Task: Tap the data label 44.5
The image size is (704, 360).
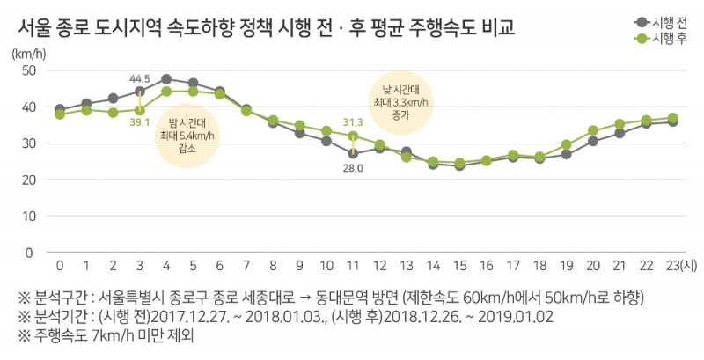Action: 139,79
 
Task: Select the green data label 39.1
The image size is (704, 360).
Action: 139,122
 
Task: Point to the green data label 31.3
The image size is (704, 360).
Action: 353,122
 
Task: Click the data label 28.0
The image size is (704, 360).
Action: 353,167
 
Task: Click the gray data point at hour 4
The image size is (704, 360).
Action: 166,79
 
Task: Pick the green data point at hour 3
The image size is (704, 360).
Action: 140,110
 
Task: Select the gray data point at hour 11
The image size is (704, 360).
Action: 353,153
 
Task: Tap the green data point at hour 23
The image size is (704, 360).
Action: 673,118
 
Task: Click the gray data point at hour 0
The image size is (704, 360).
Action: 60,109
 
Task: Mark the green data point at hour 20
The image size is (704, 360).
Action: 593,130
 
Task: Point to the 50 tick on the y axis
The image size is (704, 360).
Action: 29,70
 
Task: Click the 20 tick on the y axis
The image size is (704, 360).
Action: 29,180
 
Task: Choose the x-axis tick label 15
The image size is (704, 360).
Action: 459,265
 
